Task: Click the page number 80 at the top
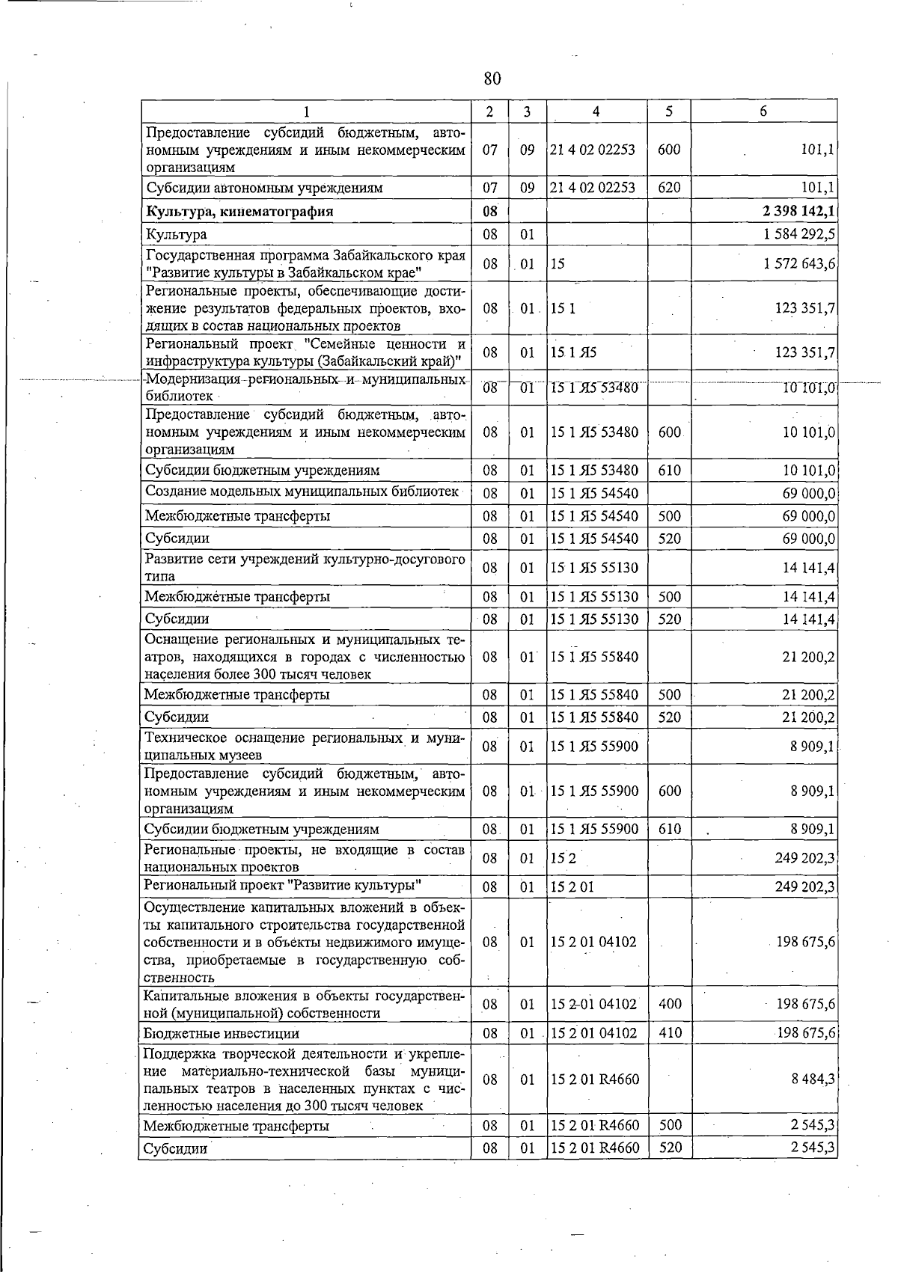click(x=492, y=79)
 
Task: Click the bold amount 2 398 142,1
click(x=798, y=211)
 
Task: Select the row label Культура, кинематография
click(x=239, y=211)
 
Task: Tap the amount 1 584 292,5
click(x=798, y=234)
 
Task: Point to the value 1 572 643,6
click(x=798, y=263)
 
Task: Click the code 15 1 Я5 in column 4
click(x=573, y=352)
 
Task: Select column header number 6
click(x=763, y=111)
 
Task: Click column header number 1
click(x=306, y=111)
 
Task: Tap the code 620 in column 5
click(x=669, y=188)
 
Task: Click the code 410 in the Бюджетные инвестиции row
click(x=670, y=1033)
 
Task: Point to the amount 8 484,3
click(x=813, y=1079)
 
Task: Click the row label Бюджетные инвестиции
click(x=222, y=1033)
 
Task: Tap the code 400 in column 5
click(x=670, y=1004)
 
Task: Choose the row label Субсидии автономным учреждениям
click(x=263, y=188)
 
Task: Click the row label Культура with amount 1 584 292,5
click(x=176, y=234)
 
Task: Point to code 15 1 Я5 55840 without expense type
click(x=594, y=656)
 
